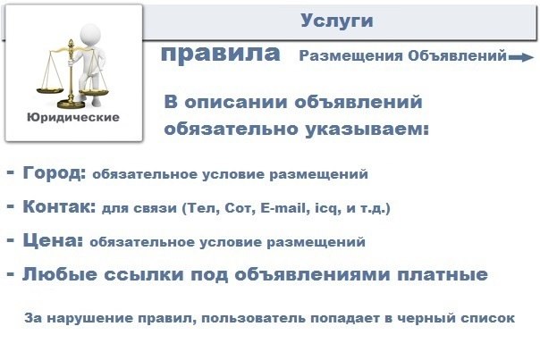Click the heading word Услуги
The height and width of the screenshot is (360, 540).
pos(337,21)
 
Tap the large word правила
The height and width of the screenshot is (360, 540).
pos(221,54)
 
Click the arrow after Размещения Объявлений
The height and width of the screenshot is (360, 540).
pos(521,57)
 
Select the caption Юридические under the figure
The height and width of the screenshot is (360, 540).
pos(73,117)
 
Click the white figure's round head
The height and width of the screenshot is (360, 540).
pos(90,35)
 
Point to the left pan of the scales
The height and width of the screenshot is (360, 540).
pos(50,91)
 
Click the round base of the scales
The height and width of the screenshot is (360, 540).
pos(71,104)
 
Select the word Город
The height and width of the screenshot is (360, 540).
pos(54,172)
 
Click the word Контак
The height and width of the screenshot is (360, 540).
pos(59,206)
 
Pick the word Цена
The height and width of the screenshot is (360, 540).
pos(53,240)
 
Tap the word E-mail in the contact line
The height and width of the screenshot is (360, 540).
pos(283,208)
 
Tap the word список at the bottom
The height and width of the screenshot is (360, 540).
pos(487,318)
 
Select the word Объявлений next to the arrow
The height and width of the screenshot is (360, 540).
pos(458,55)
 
